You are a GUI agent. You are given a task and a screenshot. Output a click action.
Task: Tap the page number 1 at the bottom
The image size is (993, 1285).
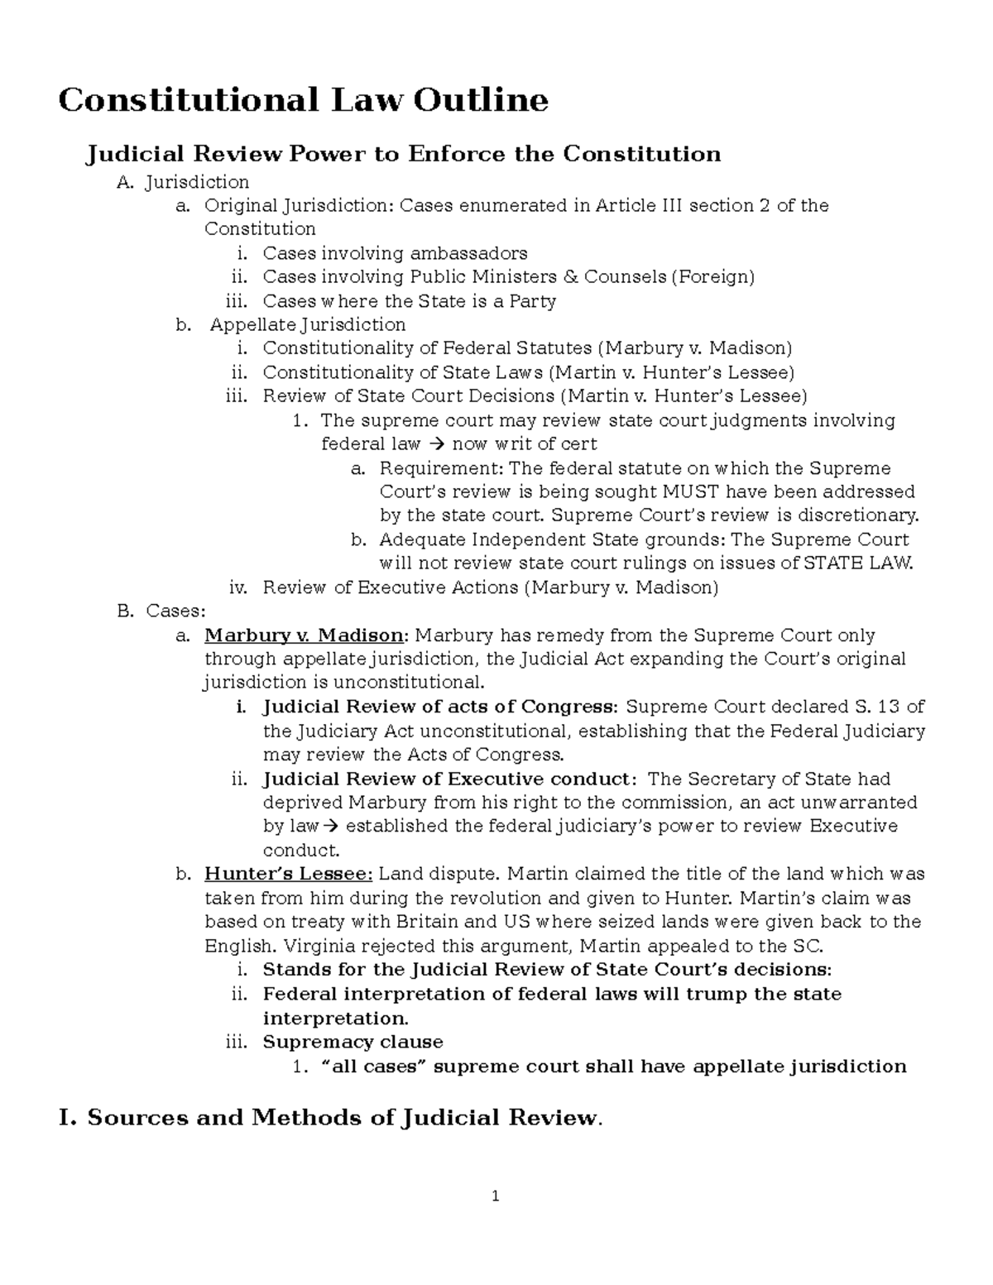point(496,1196)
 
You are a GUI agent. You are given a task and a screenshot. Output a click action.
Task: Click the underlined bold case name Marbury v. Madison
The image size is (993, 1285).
point(304,636)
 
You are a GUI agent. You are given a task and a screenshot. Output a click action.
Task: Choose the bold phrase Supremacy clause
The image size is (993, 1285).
point(353,1043)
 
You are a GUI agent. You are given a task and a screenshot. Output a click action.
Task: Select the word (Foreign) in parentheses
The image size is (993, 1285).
point(712,277)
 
